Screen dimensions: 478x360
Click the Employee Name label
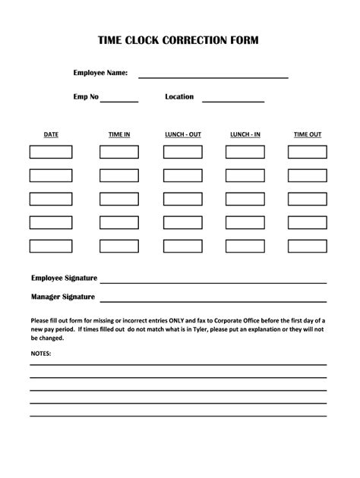coord(100,73)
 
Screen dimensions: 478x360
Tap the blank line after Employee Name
coord(212,77)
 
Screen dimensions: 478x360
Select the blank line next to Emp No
coord(119,100)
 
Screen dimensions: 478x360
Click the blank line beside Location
coord(232,100)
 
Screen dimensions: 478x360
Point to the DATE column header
coord(51,134)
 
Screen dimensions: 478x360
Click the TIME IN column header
coord(119,134)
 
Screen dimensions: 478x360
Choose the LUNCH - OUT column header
coord(183,134)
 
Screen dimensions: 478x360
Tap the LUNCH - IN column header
coord(245,134)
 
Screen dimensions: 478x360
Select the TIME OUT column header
coord(308,134)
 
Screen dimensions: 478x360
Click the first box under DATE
coord(51,152)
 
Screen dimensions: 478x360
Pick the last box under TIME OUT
coord(308,246)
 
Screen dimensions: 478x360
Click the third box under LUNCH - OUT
coord(183,199)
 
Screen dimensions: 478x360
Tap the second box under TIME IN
coord(119,175)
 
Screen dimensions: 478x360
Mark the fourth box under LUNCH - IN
coord(245,222)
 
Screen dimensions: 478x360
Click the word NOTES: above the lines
coord(42,354)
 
